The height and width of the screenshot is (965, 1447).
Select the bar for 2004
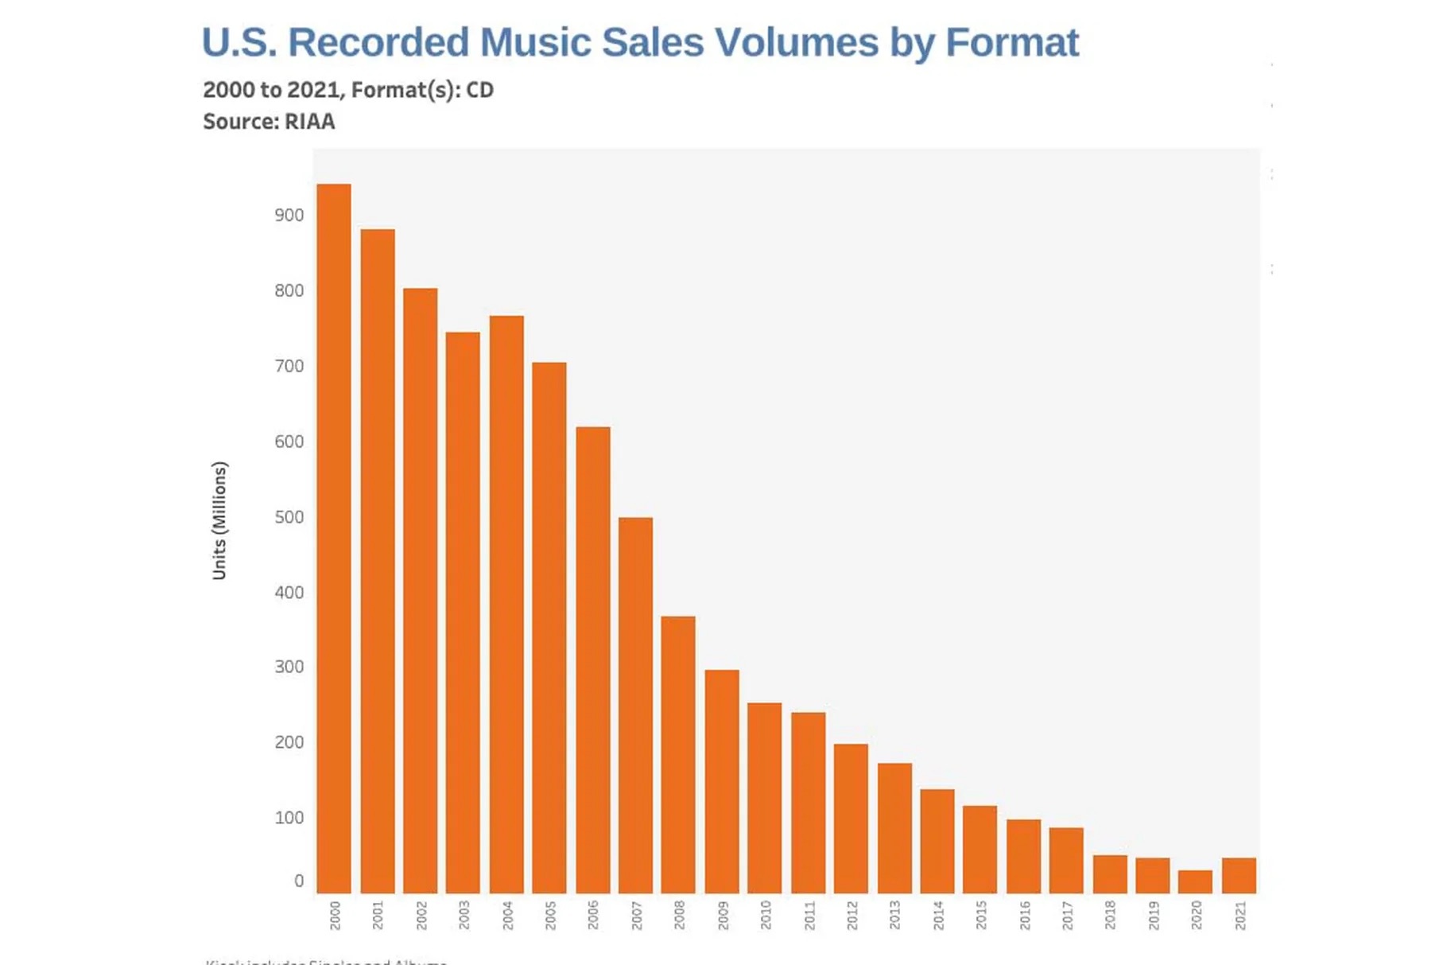[x=506, y=605]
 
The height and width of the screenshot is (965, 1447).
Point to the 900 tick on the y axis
[x=289, y=216]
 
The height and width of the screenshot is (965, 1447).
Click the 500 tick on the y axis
[x=289, y=517]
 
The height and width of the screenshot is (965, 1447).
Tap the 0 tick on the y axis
[x=299, y=881]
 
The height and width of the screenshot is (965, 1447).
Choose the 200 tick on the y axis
[x=289, y=742]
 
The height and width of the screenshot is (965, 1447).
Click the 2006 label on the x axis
[x=593, y=915]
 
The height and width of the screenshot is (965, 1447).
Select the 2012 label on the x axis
[x=852, y=915]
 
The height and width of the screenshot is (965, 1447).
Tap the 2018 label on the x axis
[x=1110, y=915]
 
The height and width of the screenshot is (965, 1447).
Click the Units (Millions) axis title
[x=219, y=520]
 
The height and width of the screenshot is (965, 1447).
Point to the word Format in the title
[x=1011, y=42]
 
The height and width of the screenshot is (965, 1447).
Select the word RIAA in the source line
[x=309, y=122]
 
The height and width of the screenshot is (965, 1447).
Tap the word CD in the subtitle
[x=479, y=90]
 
